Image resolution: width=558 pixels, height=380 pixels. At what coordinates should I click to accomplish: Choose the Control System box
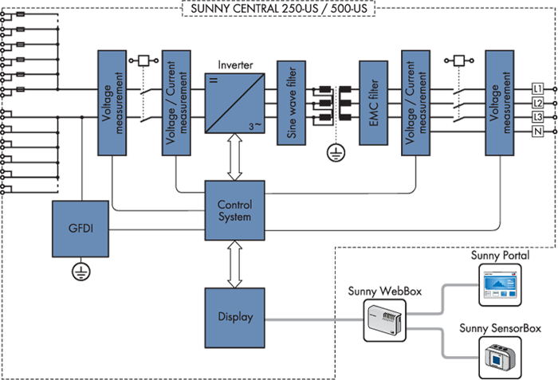(234, 210)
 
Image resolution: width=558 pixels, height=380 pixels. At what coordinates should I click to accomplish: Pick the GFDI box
(79, 228)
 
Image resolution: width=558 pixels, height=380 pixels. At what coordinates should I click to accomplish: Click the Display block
(234, 317)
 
